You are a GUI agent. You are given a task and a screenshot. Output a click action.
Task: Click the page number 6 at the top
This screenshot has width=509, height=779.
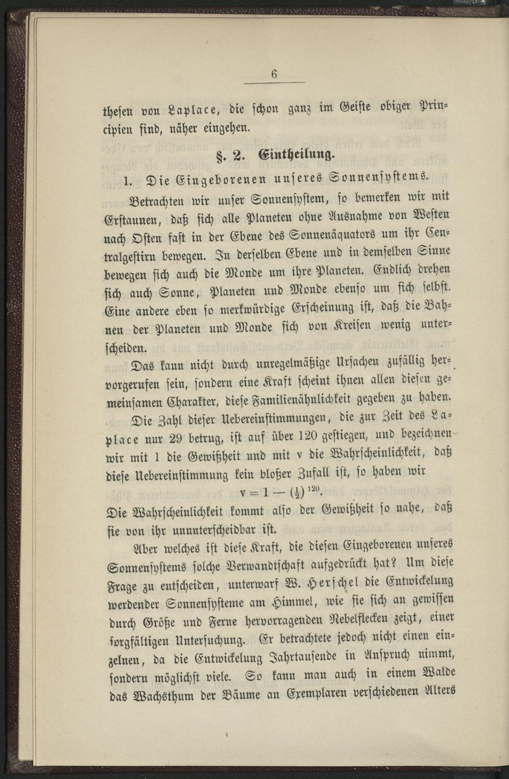(x=274, y=74)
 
